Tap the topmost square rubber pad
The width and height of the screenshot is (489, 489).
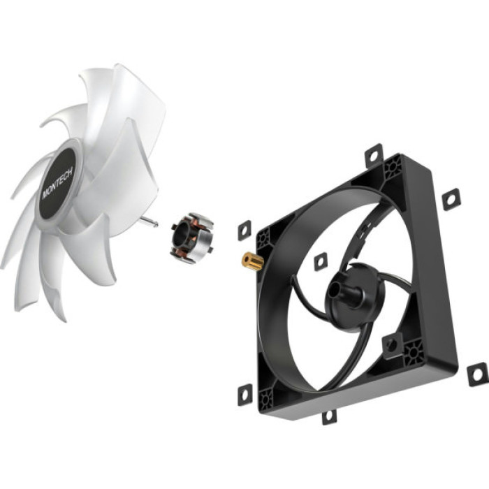click(x=374, y=153)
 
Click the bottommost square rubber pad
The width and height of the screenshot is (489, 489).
click(x=328, y=416)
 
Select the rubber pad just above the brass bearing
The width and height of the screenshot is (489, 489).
click(x=245, y=229)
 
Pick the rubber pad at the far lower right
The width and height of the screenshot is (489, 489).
click(x=477, y=374)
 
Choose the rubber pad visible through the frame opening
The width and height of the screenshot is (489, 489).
click(x=320, y=261)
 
